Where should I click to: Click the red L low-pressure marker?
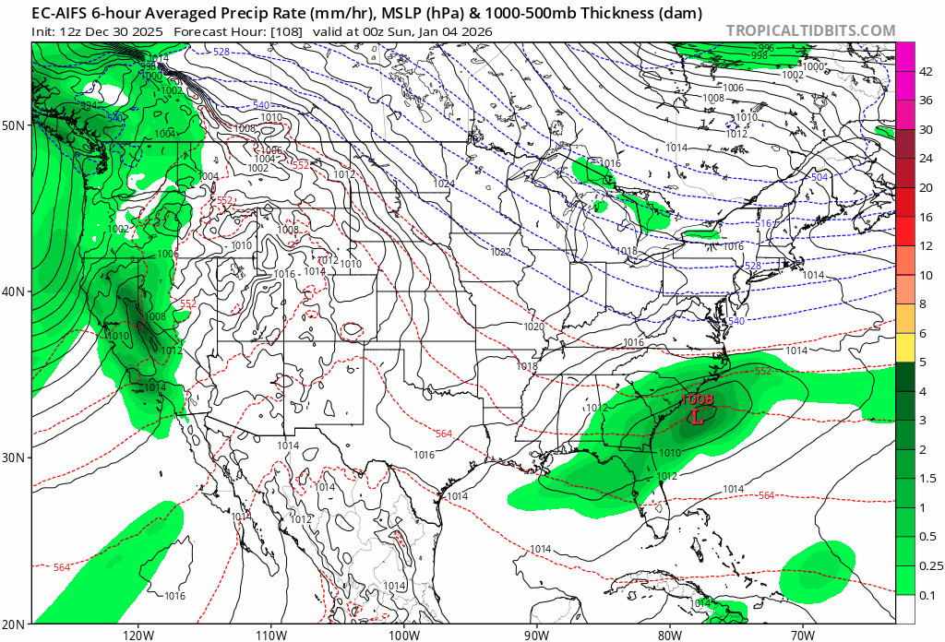point(698,416)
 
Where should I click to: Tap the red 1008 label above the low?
point(698,399)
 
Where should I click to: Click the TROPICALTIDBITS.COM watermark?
point(810,30)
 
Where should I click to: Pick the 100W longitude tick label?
point(404,634)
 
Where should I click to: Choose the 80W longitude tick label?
point(670,634)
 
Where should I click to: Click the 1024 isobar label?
point(444,184)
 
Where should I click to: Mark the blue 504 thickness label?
point(819,176)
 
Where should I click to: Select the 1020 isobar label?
point(533,327)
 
